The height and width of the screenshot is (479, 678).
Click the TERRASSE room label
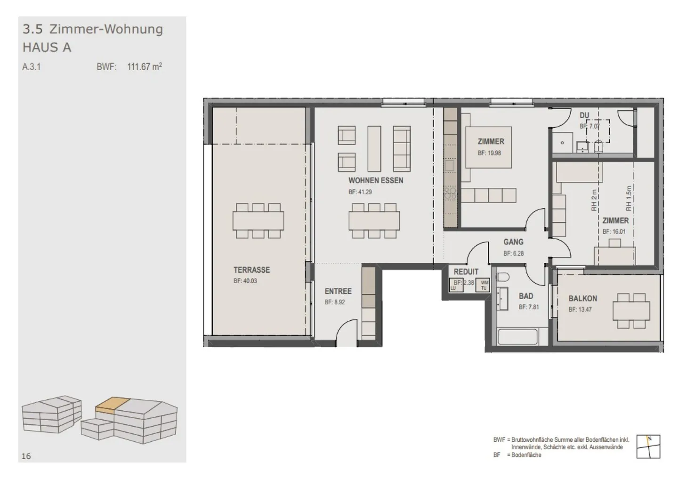251,270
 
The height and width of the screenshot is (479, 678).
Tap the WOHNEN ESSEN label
376,180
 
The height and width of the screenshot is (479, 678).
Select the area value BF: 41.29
360,192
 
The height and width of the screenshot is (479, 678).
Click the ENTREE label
338,291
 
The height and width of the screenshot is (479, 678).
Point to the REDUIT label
466,272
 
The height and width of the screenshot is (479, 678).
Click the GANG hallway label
513,242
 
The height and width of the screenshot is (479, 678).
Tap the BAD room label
526,296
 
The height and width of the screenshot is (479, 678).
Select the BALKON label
582,298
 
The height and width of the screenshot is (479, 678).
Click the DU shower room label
584,115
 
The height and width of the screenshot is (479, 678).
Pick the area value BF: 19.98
490,153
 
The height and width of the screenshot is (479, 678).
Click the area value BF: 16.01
614,232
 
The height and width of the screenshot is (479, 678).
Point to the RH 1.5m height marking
628,198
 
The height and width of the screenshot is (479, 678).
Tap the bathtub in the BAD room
517,338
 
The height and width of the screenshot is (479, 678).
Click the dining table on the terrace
258,220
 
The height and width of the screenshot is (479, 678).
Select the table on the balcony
631,311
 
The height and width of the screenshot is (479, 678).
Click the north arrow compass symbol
648,446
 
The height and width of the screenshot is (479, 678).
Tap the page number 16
26,456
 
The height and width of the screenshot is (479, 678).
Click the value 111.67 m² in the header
145,67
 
